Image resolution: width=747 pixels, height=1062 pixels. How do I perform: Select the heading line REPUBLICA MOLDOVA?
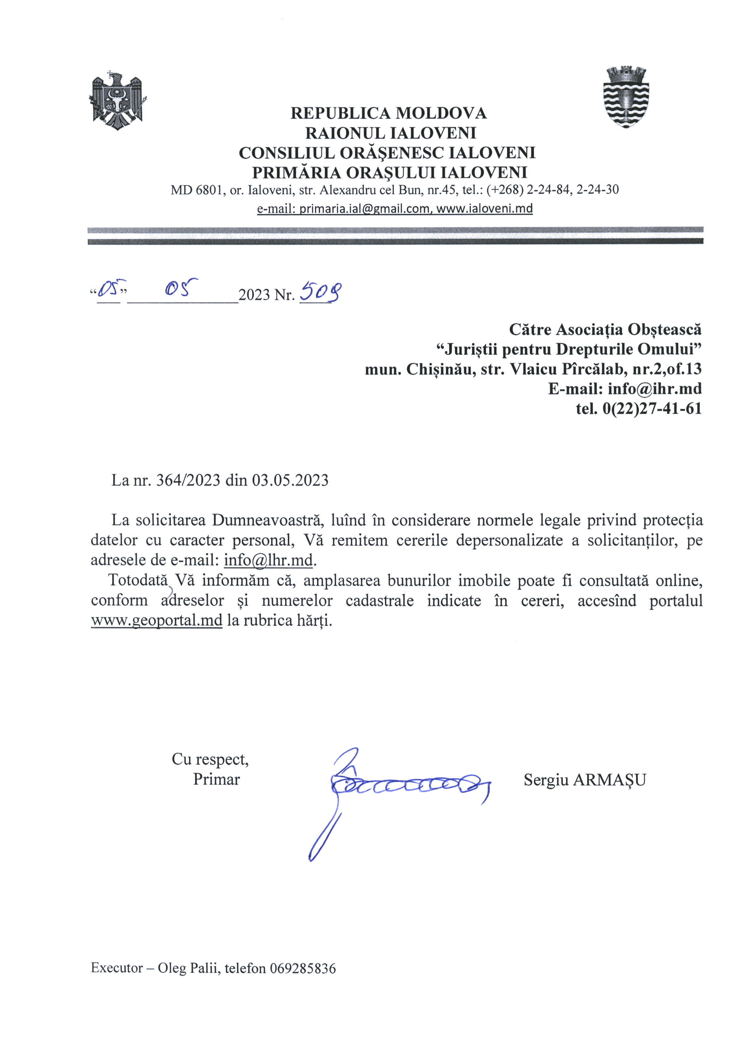388,113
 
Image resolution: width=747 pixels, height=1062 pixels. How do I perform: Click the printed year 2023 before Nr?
254,295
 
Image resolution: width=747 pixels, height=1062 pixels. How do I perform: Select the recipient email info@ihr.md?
654,388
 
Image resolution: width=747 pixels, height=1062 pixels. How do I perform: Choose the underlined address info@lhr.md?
268,560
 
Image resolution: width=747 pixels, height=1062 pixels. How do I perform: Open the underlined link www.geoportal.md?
156,620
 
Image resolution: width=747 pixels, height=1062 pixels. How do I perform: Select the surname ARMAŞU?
609,780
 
